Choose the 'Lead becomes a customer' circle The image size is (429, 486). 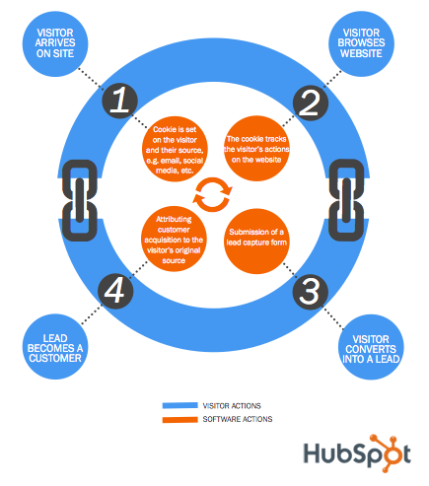55,348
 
